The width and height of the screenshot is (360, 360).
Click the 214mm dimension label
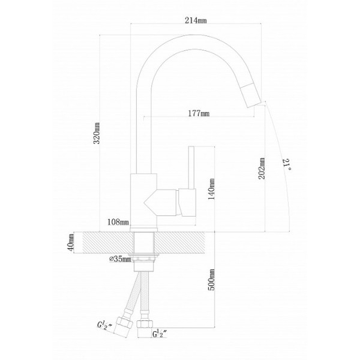pos(196,20)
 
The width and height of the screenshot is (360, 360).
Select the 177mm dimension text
pos(199,114)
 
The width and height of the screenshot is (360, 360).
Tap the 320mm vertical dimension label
pos(97,133)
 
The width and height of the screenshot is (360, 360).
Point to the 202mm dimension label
pos(262,168)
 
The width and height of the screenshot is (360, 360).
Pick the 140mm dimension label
pos(211,189)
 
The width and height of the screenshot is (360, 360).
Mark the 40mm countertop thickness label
pos(71,243)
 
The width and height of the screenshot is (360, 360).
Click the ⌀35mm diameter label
pos(120,259)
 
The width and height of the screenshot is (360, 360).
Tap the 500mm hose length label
pos(211,280)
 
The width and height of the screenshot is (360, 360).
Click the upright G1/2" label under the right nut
pos(160,333)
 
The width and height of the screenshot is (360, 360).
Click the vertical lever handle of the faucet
pos(191,167)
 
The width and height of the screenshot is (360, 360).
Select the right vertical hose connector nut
pos(144,324)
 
